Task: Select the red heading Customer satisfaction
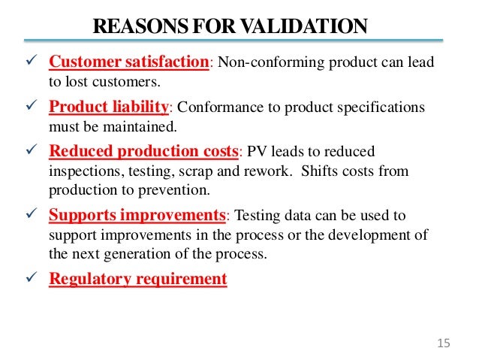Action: coord(128,62)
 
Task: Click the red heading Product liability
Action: coord(110,107)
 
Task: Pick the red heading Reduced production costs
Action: coord(143,151)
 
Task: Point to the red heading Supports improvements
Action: coord(137,216)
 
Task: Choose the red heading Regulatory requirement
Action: coord(137,279)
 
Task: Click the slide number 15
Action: coord(442,343)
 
